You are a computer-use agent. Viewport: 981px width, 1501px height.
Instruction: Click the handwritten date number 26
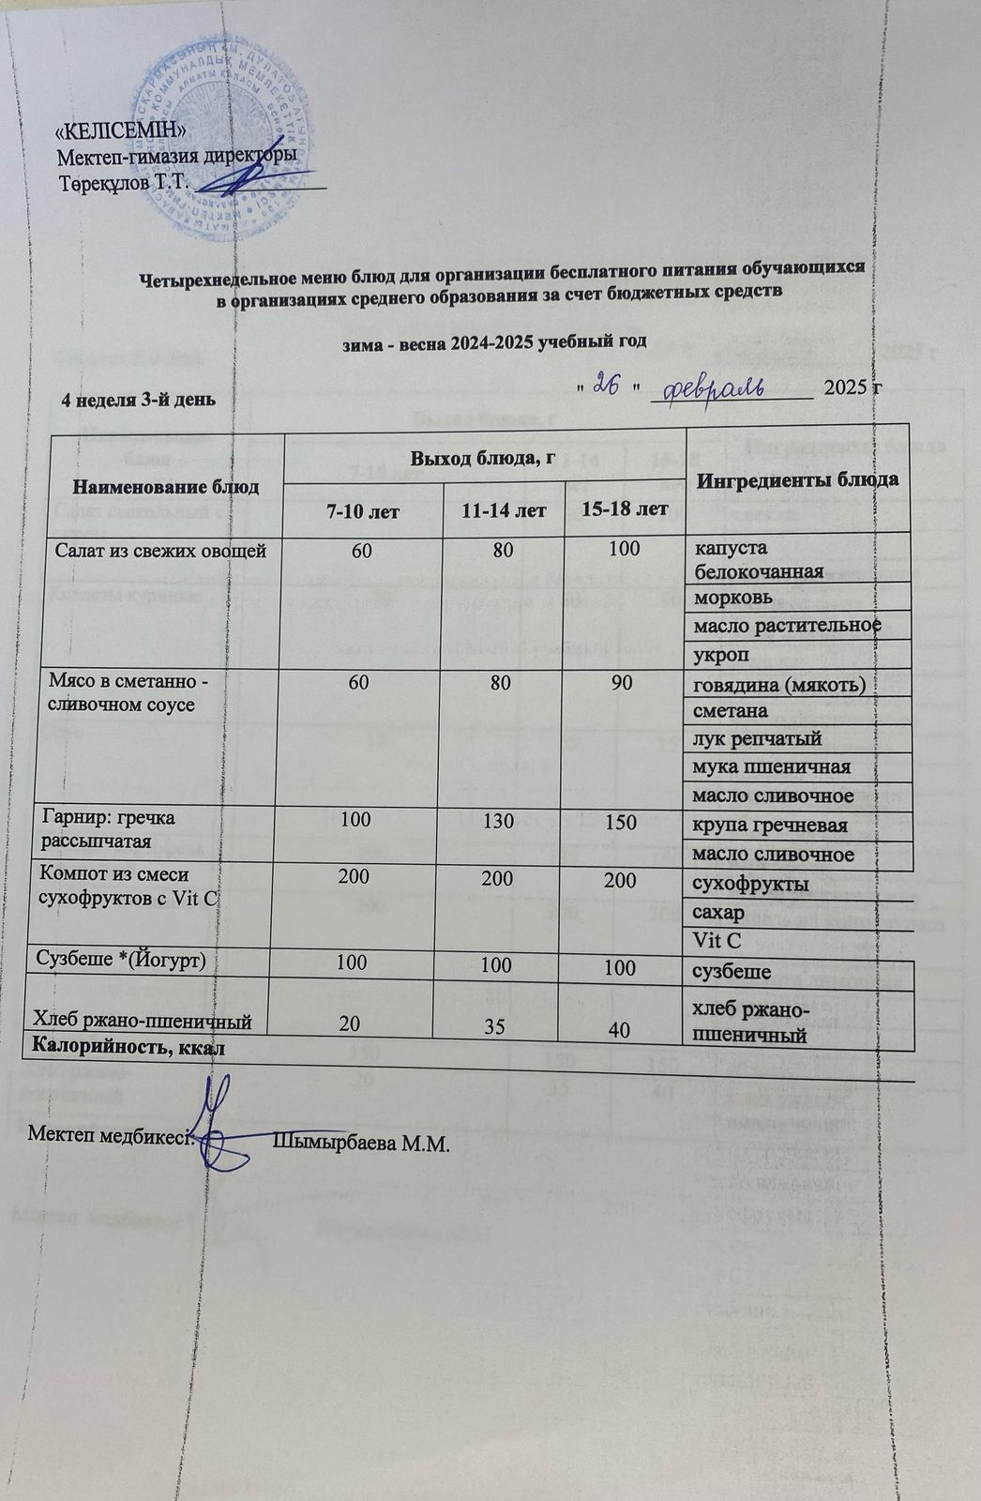(610, 386)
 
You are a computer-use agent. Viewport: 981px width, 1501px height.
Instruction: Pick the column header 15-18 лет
(623, 510)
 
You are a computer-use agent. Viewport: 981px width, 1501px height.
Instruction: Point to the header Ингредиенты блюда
(796, 479)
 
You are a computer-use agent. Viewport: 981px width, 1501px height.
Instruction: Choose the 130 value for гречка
(491, 822)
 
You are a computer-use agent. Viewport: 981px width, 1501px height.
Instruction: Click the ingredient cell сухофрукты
(750, 885)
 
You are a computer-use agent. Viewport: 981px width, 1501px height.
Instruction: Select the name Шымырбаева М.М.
(362, 1144)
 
